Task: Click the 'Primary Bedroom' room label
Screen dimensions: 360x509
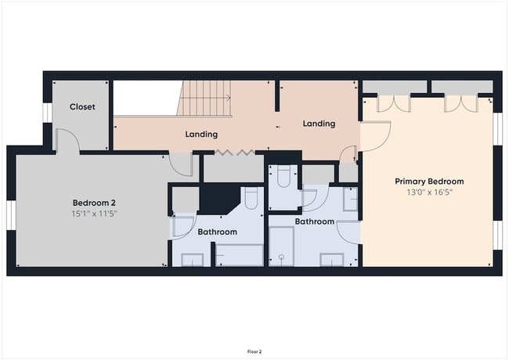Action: (x=428, y=180)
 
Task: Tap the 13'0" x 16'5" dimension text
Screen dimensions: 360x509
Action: (x=428, y=192)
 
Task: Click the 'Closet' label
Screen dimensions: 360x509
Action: (x=82, y=106)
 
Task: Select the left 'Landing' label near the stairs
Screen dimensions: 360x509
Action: (x=201, y=134)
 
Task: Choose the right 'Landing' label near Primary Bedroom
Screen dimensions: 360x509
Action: (x=319, y=124)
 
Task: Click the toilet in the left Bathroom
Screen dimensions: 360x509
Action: (x=251, y=199)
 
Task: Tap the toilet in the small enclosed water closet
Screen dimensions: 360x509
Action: (x=283, y=178)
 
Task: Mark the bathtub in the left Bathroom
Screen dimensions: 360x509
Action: (x=240, y=254)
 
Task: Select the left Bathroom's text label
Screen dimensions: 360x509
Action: (x=217, y=232)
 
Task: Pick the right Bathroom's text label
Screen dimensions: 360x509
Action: (x=315, y=221)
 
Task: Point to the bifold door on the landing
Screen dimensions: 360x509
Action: (x=235, y=151)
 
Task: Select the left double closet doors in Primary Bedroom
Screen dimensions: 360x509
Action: (x=394, y=103)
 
